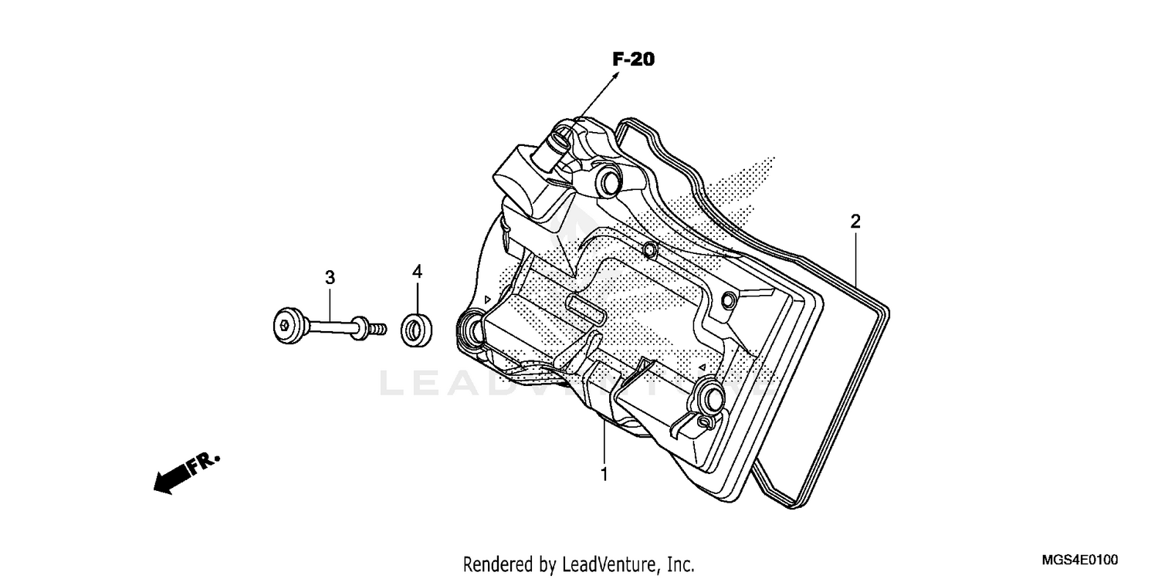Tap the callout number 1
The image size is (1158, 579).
604,474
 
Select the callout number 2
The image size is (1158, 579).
855,222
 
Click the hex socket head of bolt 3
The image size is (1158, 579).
287,327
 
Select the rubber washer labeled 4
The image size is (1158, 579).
415,331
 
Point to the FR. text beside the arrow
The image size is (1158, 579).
206,462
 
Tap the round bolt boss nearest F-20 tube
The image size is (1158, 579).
608,182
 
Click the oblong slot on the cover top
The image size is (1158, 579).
584,310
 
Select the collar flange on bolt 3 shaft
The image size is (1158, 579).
359,327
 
